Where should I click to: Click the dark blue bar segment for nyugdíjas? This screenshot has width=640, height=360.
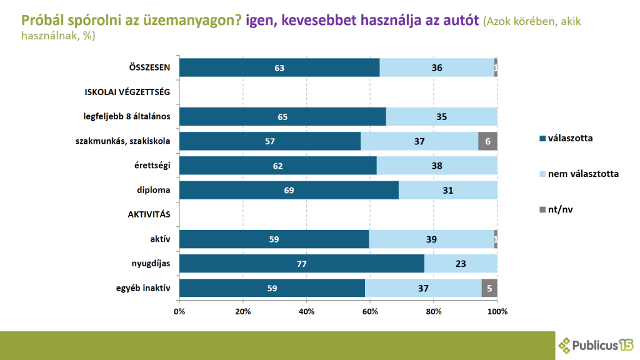(301, 264)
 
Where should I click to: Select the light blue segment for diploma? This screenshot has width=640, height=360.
(448, 190)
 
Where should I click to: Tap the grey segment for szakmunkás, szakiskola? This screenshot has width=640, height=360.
(487, 141)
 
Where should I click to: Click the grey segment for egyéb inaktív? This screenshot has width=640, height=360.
(489, 288)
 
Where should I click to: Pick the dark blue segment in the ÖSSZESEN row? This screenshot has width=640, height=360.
(279, 67)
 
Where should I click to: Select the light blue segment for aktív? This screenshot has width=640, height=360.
(431, 239)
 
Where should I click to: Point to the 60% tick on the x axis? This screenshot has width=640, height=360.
(370, 311)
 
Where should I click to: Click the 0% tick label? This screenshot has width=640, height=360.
(179, 311)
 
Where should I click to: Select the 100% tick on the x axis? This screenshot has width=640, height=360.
(497, 311)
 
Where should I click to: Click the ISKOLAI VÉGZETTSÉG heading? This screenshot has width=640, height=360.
(127, 92)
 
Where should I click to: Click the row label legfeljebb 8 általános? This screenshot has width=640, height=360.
(127, 117)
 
